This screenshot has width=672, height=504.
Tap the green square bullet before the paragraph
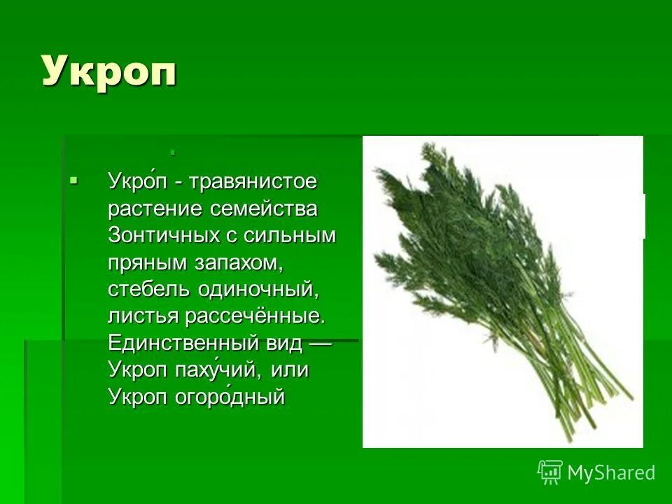pyautogui.click(x=74, y=181)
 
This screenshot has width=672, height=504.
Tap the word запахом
pyautogui.click(x=231, y=262)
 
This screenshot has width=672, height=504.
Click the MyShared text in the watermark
pyautogui.click(x=611, y=473)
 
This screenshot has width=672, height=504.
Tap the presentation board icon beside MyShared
pyautogui.click(x=550, y=472)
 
